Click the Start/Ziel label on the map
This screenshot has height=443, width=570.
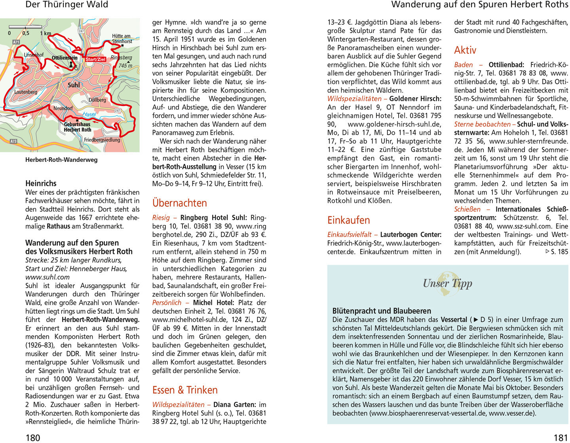point(96,59)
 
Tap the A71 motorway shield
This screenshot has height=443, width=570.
point(16,42)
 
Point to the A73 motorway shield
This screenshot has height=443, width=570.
point(13,141)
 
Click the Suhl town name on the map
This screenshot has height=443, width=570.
point(74,85)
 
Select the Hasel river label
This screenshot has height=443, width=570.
point(89,114)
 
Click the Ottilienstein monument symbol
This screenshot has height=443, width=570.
point(71,64)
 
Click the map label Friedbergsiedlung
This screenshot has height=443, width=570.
point(102,140)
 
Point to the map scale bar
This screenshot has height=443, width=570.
point(25,27)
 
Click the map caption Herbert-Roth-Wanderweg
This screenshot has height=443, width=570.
point(61,160)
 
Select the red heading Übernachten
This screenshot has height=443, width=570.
point(180,203)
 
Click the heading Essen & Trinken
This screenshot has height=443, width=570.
point(185,390)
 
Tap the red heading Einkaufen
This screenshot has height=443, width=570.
point(348,220)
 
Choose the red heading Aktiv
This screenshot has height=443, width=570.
point(465,50)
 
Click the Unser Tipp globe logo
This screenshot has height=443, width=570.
point(448,283)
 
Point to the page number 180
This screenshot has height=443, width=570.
point(33,437)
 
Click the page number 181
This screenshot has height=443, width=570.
point(560,437)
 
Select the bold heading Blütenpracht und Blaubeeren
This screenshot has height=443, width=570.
point(382,311)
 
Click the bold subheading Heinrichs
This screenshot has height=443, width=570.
point(41,184)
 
